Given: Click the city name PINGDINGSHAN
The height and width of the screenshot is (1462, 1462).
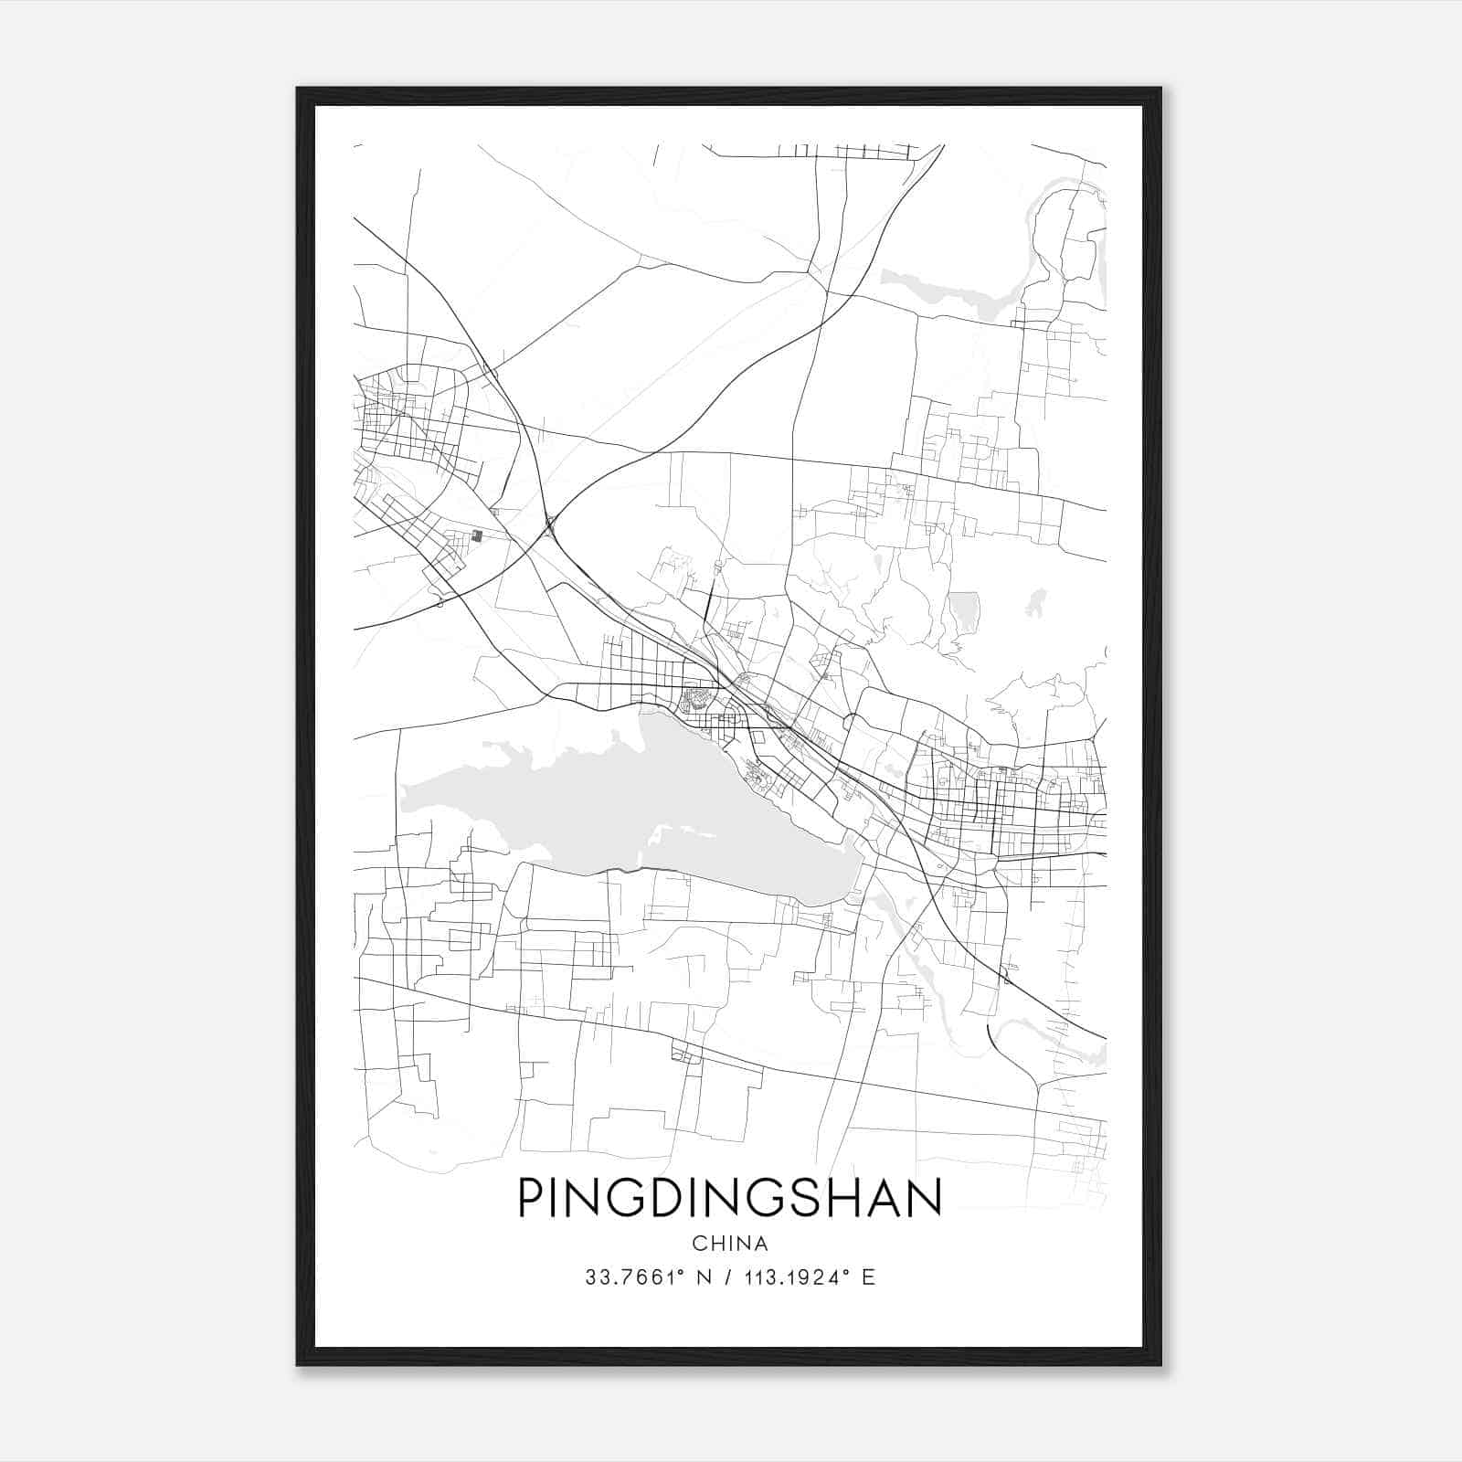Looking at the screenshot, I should tap(730, 1198).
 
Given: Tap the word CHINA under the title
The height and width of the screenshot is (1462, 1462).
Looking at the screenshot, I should tap(730, 1244).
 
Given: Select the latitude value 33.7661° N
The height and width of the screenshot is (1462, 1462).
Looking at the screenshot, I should tap(647, 1277).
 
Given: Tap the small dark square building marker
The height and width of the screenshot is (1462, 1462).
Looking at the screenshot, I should tap(476, 536).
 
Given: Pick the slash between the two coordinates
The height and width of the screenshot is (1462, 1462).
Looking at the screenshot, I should tap(727, 1277).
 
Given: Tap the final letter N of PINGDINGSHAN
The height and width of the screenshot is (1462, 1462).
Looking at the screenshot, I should tap(926, 1198).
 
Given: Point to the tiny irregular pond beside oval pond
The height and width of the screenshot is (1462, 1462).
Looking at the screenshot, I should tap(1035, 602).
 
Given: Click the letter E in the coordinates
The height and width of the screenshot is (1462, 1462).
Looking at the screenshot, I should tap(868, 1277).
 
